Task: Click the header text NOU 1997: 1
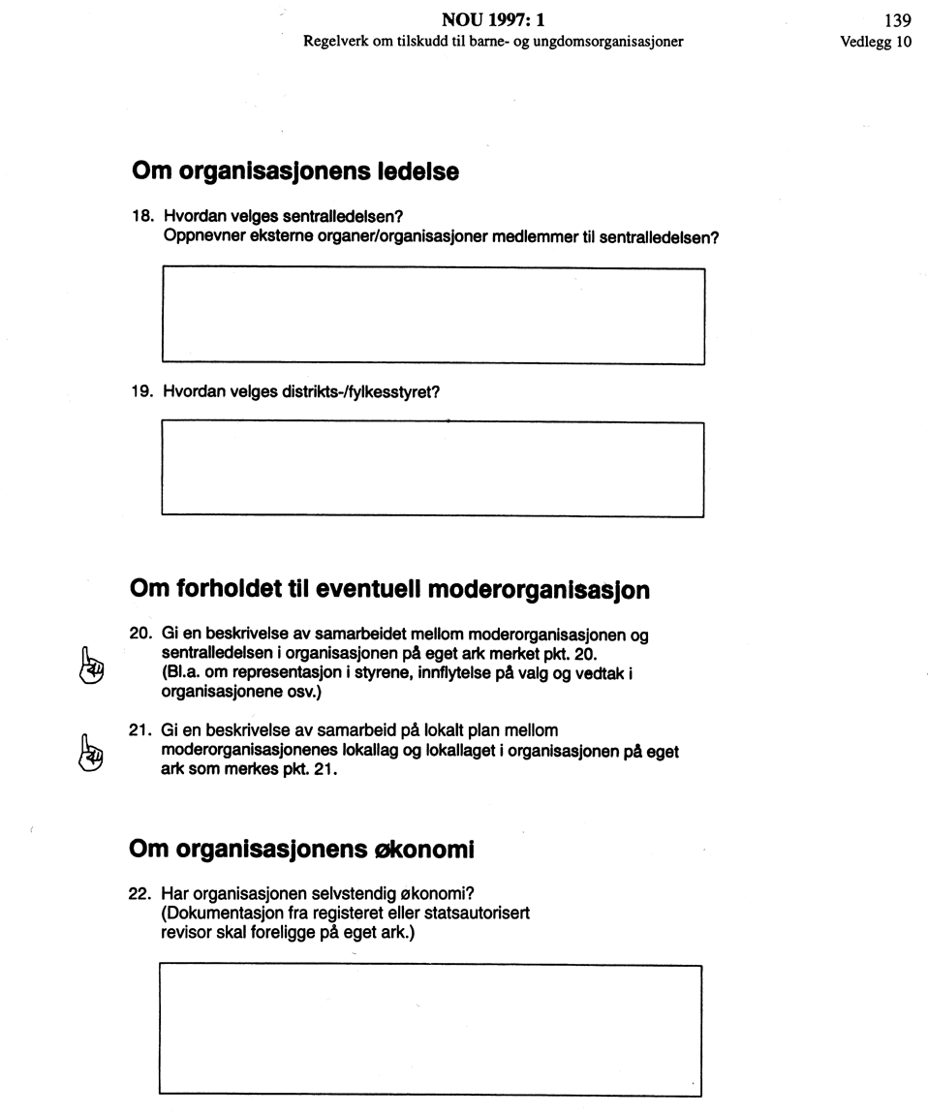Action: tap(493, 19)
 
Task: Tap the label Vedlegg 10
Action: tap(877, 42)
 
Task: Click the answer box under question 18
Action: tap(432, 316)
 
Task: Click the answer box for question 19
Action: tap(432, 469)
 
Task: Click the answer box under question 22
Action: tap(430, 1030)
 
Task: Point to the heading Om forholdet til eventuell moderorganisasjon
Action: tap(389, 590)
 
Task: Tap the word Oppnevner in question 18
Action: tap(196, 236)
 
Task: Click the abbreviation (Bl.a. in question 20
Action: tap(180, 672)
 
